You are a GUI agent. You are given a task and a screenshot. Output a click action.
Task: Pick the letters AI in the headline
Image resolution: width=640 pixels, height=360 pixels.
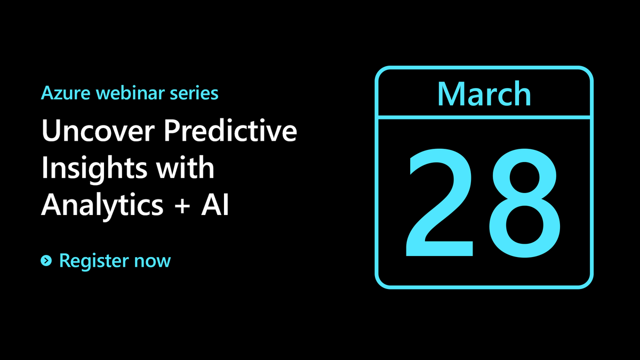pos(215,205)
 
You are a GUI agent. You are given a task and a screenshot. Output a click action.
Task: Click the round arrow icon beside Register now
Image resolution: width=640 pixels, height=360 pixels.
pos(46,261)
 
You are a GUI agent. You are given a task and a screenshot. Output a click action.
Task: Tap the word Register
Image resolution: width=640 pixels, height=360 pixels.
pos(94,261)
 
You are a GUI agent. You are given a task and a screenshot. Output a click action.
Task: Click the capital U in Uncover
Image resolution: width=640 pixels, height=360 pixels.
pos(51,131)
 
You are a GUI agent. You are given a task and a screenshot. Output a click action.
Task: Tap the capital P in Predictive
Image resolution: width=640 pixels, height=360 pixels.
pos(173,131)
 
